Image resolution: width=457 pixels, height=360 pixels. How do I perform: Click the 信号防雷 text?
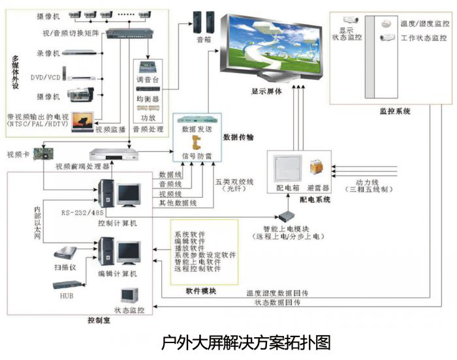click(x=197, y=157)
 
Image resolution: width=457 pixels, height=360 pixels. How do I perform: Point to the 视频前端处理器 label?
click(x=82, y=166)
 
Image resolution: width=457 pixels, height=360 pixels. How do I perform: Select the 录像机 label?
click(x=48, y=52)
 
